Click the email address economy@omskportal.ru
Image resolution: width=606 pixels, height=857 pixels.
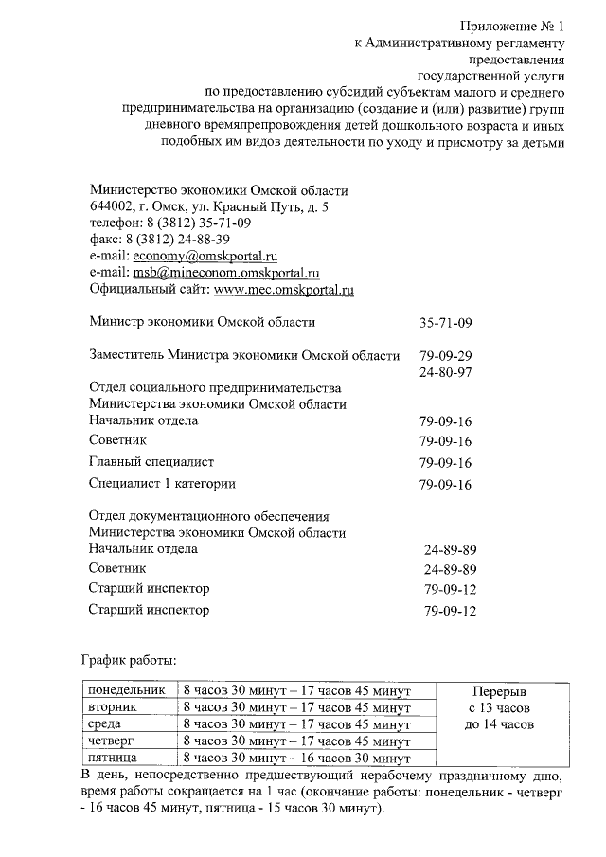pos(205,256)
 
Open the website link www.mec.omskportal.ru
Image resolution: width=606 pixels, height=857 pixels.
pos(284,290)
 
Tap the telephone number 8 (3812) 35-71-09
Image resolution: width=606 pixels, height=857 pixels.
pos(199,223)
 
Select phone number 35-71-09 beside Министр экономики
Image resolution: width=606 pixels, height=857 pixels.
pos(445,323)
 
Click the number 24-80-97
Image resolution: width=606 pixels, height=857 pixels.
pos(445,372)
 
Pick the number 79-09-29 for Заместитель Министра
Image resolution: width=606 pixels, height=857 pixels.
pos(445,356)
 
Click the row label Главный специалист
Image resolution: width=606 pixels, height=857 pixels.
pos(151,462)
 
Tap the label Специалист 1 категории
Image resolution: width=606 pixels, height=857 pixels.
pos(162,484)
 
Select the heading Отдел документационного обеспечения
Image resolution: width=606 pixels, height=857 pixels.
pos(208,517)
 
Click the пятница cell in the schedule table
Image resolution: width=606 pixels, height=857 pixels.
pos(113,759)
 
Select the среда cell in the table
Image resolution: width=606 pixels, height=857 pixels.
pos(104,724)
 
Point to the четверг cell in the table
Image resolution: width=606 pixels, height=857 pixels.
pos(111,741)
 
